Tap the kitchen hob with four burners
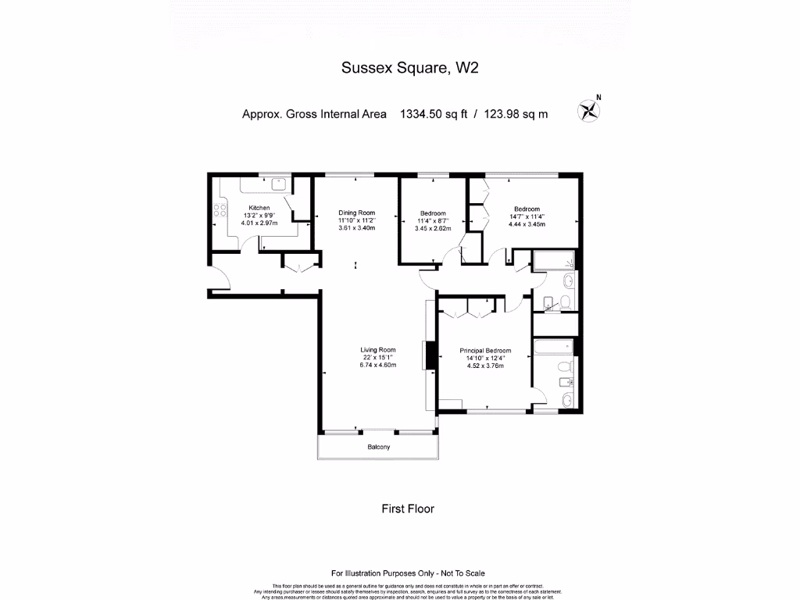click(220, 210)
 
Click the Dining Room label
click(356, 212)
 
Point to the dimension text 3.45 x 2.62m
click(433, 229)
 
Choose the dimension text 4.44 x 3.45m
click(526, 224)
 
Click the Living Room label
click(377, 350)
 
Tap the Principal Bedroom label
click(485, 351)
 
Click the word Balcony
click(378, 448)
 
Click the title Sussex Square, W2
click(409, 68)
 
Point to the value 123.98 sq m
click(516, 114)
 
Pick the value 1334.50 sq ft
click(433, 114)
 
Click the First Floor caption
click(407, 509)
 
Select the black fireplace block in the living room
click(428, 356)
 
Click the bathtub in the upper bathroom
click(553, 260)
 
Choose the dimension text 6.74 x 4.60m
click(377, 365)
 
